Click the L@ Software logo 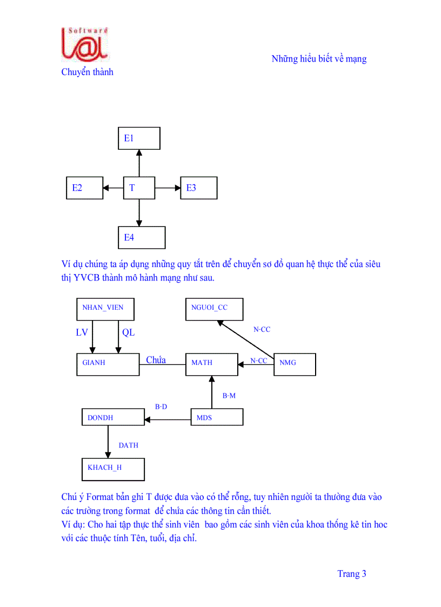(85, 44)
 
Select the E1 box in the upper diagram (139, 138)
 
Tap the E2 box (84, 188)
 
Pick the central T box (139, 188)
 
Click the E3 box (198, 188)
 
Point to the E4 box (142, 237)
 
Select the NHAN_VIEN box (105, 309)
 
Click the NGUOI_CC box (214, 309)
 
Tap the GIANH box (108, 363)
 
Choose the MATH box (211, 364)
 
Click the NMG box (295, 364)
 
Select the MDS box (217, 417)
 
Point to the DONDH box (112, 417)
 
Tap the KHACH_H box (113, 469)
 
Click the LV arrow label (82, 333)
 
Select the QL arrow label (128, 333)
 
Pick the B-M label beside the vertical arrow (229, 396)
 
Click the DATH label (129, 445)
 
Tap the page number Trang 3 (352, 574)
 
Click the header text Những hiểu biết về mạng (319, 59)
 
